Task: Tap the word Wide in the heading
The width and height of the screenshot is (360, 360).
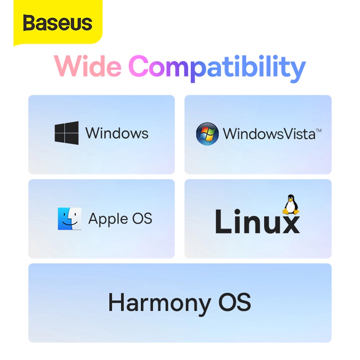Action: pyautogui.click(x=88, y=67)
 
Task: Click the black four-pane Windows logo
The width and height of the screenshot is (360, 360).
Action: pyautogui.click(x=66, y=133)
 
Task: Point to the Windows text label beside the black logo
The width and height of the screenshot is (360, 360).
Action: pyautogui.click(x=117, y=133)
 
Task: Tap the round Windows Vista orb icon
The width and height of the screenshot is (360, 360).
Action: pyautogui.click(x=207, y=134)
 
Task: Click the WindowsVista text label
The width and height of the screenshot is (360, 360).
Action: pyautogui.click(x=269, y=134)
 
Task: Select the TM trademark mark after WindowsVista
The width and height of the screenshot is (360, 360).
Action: pyautogui.click(x=318, y=130)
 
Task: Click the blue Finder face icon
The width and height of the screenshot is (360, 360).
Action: pyautogui.click(x=70, y=219)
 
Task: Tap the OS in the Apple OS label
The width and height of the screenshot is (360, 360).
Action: pyautogui.click(x=142, y=218)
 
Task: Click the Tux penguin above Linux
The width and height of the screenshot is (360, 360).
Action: pyautogui.click(x=291, y=205)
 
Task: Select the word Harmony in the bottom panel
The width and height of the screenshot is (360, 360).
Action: pyautogui.click(x=159, y=302)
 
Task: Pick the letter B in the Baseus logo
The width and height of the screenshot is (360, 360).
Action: pyautogui.click(x=30, y=23)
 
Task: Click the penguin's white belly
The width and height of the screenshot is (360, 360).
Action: pyautogui.click(x=291, y=207)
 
